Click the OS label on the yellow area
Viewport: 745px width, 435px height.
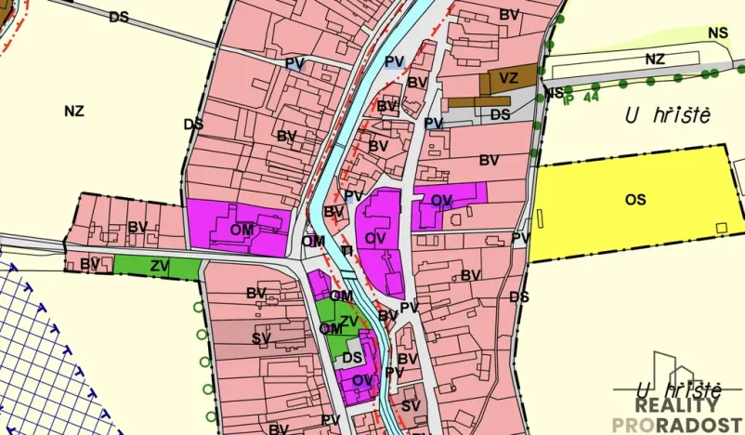click(635, 199)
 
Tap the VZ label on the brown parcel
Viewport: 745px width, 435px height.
click(508, 78)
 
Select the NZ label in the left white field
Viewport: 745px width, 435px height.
click(74, 111)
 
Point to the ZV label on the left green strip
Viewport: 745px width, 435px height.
click(160, 266)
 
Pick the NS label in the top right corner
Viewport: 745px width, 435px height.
click(717, 33)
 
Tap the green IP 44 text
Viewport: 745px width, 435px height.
click(581, 96)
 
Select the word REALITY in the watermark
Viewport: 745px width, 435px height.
click(676, 405)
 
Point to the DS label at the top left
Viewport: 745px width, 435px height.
click(119, 17)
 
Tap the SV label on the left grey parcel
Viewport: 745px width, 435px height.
click(260, 338)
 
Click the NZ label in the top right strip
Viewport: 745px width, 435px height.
click(656, 59)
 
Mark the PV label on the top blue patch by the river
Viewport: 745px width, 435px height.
click(394, 61)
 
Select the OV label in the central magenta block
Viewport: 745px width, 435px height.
click(375, 238)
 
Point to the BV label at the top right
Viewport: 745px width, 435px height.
click(509, 15)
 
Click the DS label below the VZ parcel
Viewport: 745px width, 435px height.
click(501, 114)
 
